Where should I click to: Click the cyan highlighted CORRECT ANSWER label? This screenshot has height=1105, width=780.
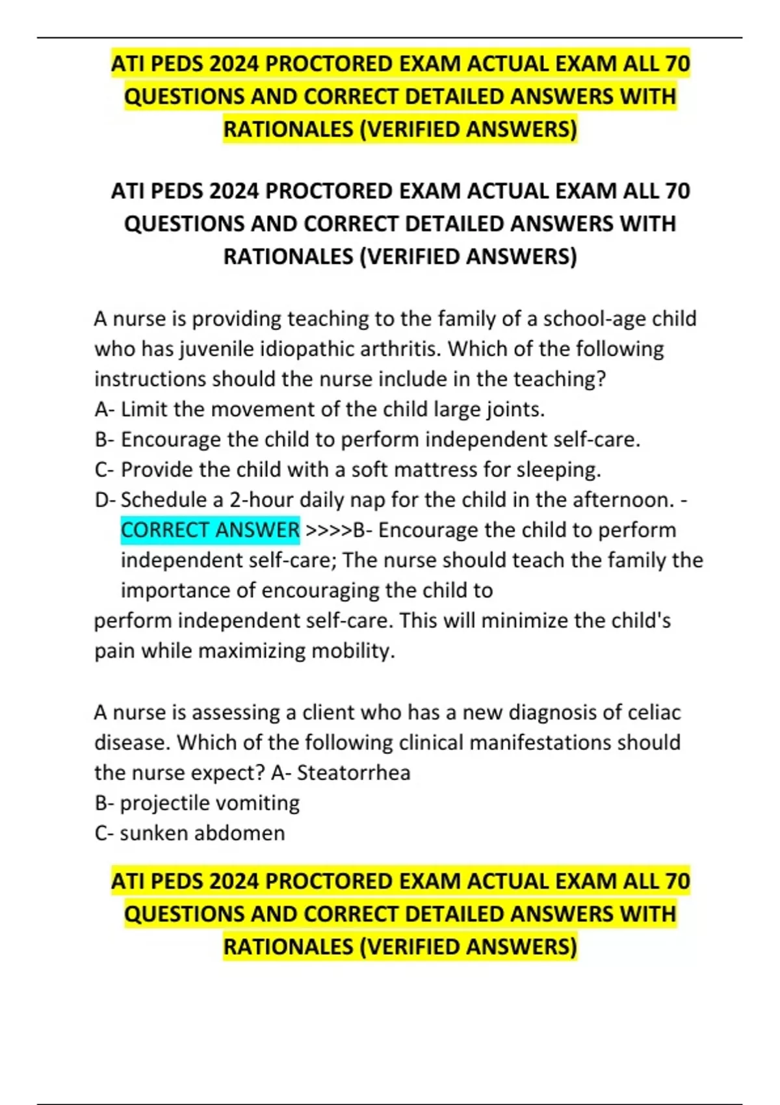click(x=210, y=530)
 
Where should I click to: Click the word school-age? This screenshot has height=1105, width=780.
click(x=594, y=319)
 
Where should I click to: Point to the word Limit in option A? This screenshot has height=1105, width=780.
click(x=144, y=409)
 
